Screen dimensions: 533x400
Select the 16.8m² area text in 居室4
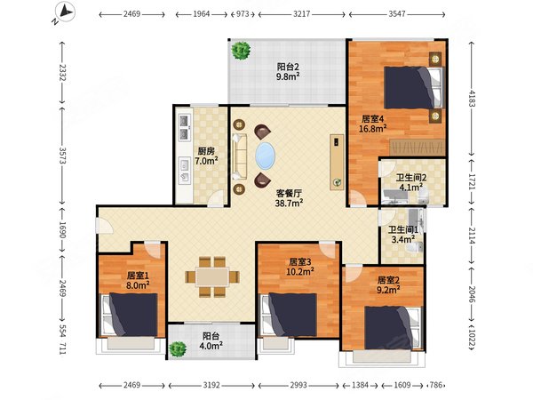point(372,129)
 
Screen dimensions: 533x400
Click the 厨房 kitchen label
point(206,151)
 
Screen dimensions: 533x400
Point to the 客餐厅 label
point(289,193)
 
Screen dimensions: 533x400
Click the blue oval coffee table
point(265,156)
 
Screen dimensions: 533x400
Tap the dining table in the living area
point(212,276)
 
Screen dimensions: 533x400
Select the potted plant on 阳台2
point(241,51)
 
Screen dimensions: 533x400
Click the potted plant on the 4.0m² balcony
point(178,348)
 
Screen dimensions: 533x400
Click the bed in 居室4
point(413,88)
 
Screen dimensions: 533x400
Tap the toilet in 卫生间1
point(416,247)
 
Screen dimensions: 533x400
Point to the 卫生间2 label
point(411,178)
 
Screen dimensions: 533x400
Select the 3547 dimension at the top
point(397,14)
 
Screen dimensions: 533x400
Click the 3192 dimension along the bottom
point(211,386)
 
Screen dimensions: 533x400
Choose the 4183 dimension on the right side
point(471,98)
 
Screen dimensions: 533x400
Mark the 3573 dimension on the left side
point(62,155)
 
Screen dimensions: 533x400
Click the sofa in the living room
point(239,156)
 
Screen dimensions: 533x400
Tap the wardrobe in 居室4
point(418,148)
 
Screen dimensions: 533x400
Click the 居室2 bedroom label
point(388,280)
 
